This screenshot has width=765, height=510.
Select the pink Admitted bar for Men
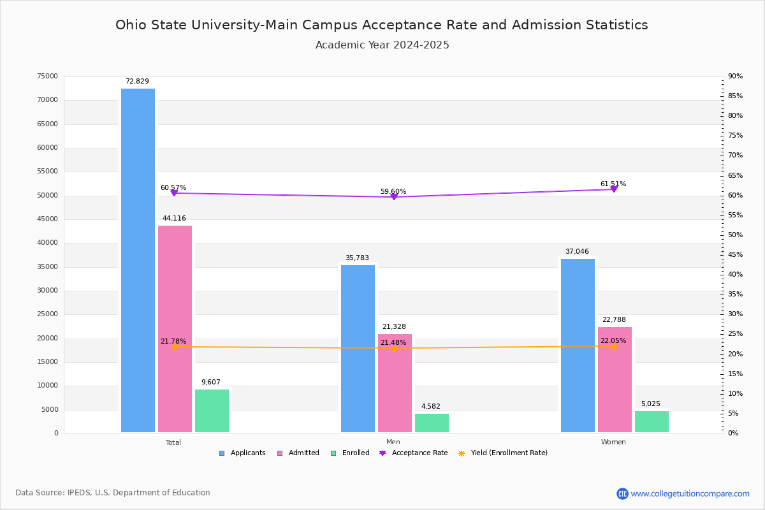click(395, 382)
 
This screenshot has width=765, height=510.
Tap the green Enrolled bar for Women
click(652, 421)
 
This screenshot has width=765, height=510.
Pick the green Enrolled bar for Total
click(212, 411)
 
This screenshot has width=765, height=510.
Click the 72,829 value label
click(137, 82)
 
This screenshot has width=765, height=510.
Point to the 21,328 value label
click(394, 327)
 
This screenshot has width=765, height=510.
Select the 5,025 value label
click(651, 404)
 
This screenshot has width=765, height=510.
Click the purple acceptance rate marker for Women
click(614, 189)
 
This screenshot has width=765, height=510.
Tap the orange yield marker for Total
click(173, 347)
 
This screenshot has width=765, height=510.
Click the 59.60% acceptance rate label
click(393, 192)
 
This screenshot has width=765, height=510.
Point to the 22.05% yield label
click(613, 341)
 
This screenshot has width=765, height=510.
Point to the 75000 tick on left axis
click(48, 76)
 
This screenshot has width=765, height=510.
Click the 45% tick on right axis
click(735, 255)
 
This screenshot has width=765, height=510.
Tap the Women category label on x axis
click(613, 442)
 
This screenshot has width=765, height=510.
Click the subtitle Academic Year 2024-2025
click(382, 45)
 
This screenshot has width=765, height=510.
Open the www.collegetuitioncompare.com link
click(690, 493)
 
